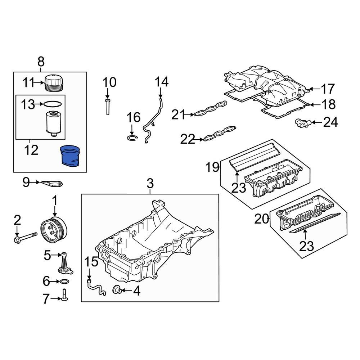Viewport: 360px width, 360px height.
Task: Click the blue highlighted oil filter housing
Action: click(70, 156)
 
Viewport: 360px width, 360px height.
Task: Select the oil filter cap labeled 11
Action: click(54, 84)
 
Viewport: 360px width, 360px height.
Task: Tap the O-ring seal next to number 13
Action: click(52, 105)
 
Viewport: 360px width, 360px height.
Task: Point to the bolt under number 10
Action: click(107, 106)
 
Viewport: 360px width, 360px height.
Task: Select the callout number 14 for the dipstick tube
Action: click(162, 82)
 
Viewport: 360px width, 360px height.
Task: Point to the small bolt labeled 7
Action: click(65, 294)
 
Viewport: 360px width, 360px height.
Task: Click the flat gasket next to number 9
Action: click(51, 184)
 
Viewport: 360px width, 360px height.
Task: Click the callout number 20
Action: click(262, 219)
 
